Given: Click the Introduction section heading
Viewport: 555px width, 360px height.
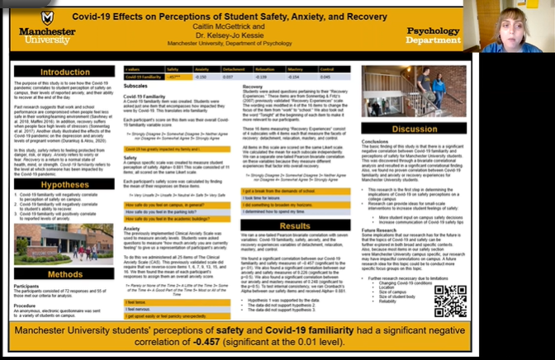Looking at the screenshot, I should click(x=65, y=72).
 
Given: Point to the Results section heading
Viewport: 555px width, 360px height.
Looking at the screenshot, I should click(x=295, y=225).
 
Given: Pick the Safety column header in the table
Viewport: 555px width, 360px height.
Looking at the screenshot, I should click(x=173, y=70).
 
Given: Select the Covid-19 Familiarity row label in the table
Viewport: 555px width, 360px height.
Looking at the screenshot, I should click(x=143, y=76).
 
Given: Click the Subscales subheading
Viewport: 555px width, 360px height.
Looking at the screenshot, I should click(x=136, y=86).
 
